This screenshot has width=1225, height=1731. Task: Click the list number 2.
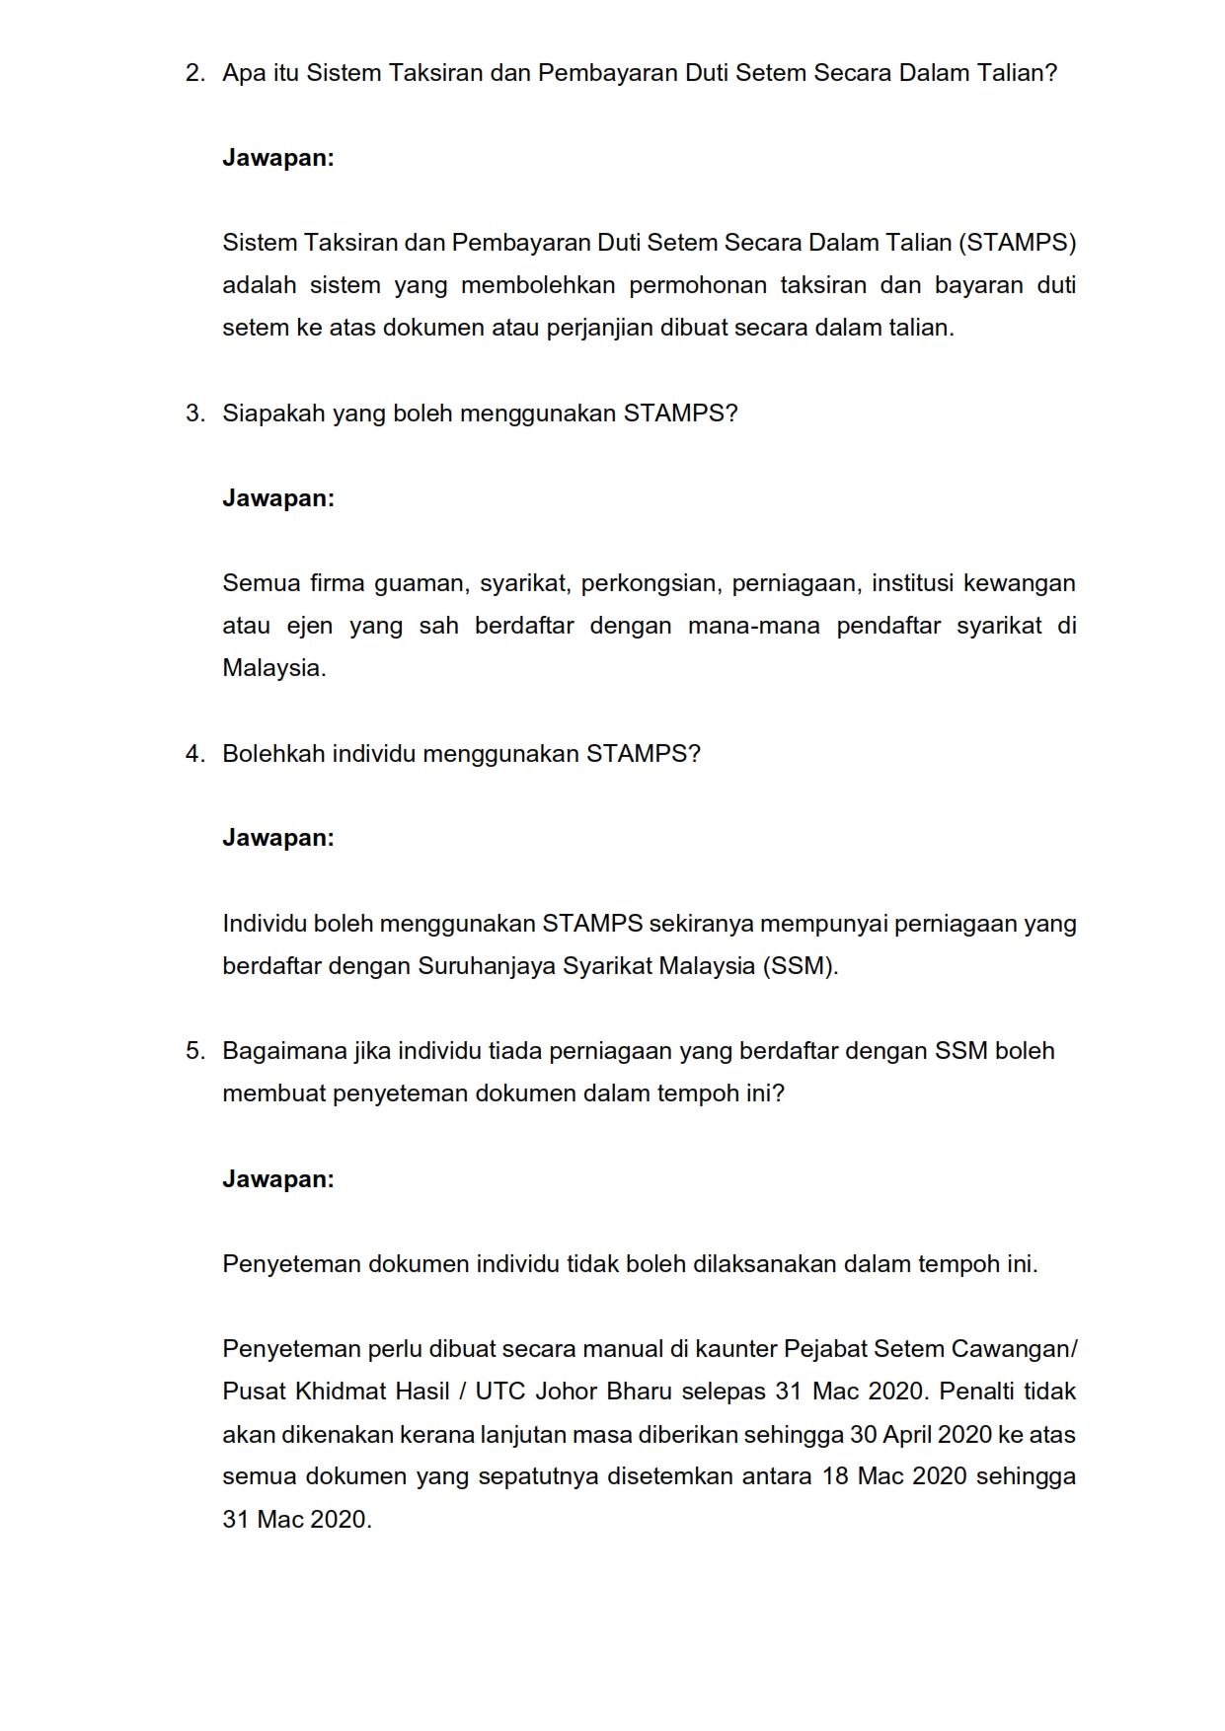pos(194,73)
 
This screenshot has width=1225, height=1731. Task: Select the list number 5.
pos(194,1051)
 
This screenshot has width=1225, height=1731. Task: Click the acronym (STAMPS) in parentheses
pos(1017,243)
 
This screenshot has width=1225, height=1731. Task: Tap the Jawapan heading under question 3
pos(278,498)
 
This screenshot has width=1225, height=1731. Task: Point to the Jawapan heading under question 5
pos(278,1179)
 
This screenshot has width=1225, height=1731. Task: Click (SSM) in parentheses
pos(801,966)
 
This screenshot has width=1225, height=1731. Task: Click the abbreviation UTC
pos(499,1392)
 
